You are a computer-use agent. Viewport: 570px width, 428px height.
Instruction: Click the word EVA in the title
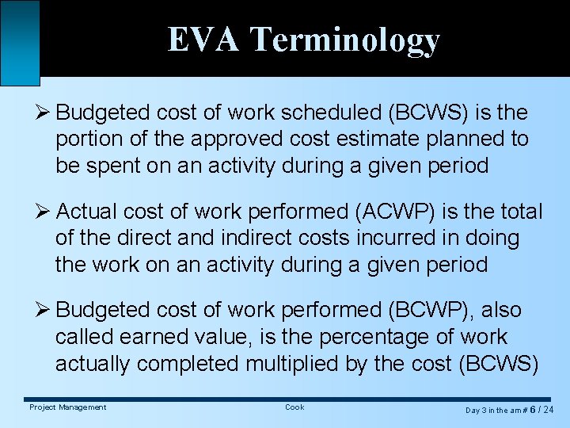tap(204, 40)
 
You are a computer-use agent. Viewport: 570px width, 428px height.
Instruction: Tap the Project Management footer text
tap(67, 407)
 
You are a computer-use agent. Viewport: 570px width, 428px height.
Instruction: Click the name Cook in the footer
tap(294, 407)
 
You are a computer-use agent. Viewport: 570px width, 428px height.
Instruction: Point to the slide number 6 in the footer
tap(534, 410)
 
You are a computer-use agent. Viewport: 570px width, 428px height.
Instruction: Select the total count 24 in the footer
tap(547, 410)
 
